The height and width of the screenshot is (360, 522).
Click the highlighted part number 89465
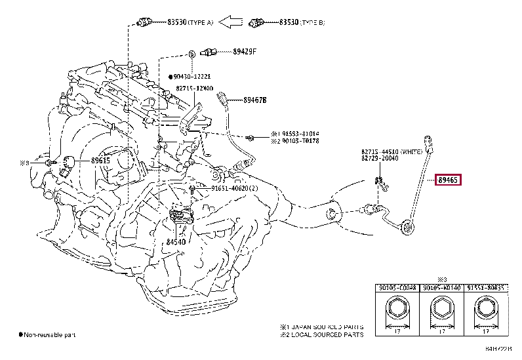[449, 180]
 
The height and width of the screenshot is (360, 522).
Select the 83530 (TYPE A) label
[188, 23]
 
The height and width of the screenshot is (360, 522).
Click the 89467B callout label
[255, 100]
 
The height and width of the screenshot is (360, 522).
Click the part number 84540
[176, 242]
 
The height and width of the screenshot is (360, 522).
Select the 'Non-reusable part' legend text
[50, 335]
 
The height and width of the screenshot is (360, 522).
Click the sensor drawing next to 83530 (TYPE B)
[258, 23]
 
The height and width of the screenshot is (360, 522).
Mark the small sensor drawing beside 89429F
[209, 51]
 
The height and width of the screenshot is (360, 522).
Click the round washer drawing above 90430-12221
[191, 52]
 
